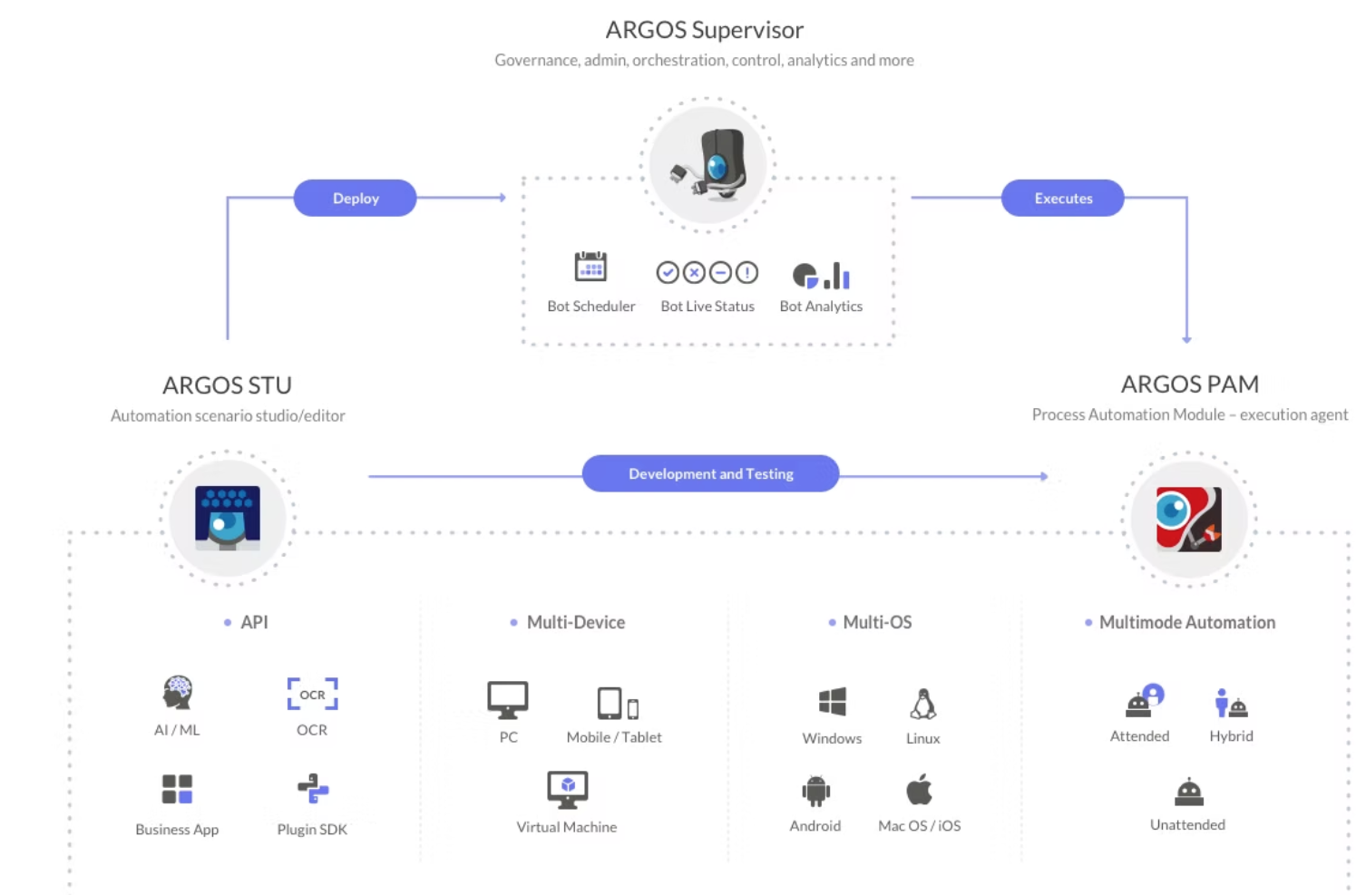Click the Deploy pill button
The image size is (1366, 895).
coord(355,198)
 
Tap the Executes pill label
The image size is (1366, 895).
coord(1062,198)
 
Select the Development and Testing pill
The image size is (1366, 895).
coord(710,473)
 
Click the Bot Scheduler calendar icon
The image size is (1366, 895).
coord(590,268)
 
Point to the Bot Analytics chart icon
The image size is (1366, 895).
coord(821,275)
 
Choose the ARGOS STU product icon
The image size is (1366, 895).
coord(228,518)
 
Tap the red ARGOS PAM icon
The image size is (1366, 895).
coord(1188,519)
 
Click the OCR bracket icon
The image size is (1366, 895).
coord(312,695)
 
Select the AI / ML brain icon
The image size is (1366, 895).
coord(178,693)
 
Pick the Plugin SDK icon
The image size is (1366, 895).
coord(313,789)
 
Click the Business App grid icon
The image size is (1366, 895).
coord(177,789)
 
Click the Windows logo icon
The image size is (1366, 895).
coord(832,702)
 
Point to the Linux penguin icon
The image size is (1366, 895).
coord(922,704)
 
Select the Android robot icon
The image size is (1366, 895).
coord(815,791)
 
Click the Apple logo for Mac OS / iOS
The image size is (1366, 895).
coord(919,790)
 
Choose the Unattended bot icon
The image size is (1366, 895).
coord(1188,792)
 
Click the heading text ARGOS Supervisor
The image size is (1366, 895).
coord(704,30)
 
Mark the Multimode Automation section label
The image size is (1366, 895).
coord(1186,622)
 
